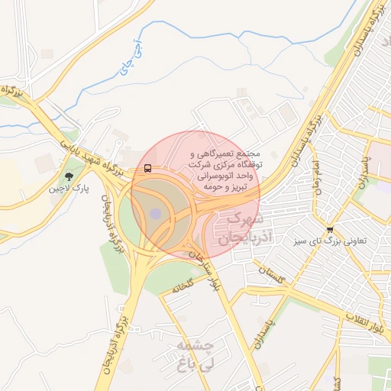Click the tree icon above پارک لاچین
[x=69, y=176]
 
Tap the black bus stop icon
[x=147, y=168]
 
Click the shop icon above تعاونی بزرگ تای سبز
[x=330, y=229]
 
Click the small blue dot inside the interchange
[x=156, y=214]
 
